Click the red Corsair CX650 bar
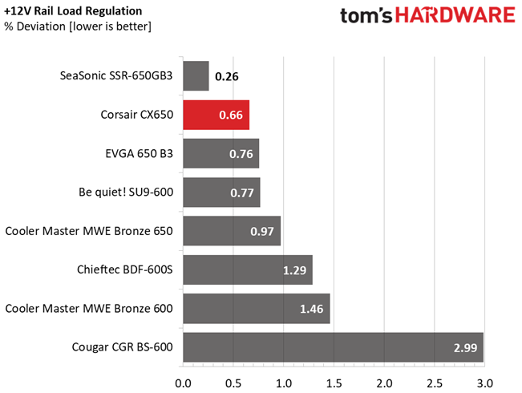tap(216, 115)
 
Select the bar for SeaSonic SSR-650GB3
tap(196, 77)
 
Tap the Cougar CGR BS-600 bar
tap(333, 347)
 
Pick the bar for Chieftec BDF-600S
tap(247, 270)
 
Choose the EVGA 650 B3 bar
tap(221, 154)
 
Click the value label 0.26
tap(227, 78)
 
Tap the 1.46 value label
tap(312, 309)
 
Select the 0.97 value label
tap(262, 232)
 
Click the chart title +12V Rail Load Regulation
tap(74, 11)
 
